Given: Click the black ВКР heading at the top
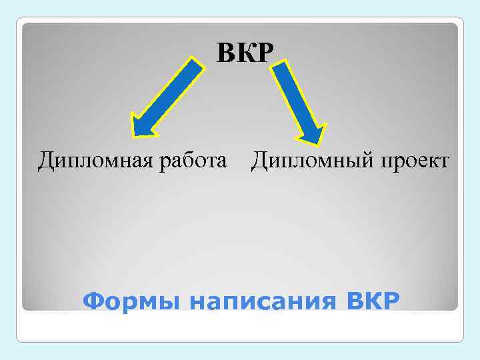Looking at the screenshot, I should (x=245, y=53).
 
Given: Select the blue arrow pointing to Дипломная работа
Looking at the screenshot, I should (x=167, y=97).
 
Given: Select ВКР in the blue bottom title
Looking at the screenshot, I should (x=374, y=301).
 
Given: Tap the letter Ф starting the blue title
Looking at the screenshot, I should (x=92, y=301).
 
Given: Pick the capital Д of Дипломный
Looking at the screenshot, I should (x=260, y=161).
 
